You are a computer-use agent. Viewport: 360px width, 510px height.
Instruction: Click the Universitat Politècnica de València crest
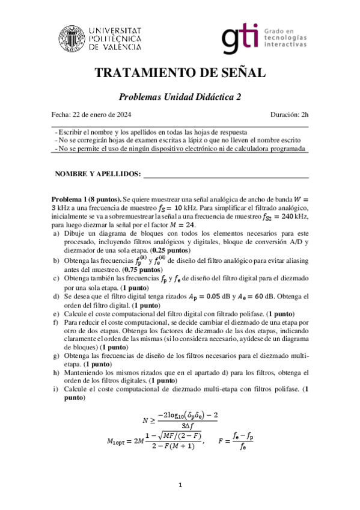pyautogui.click(x=70, y=37)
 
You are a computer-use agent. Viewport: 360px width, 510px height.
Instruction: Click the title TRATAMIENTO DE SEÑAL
pyautogui.click(x=180, y=73)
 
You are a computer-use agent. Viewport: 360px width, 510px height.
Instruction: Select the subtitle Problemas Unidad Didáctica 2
pyautogui.click(x=180, y=96)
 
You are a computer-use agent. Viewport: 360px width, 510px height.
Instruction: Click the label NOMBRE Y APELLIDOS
pyautogui.click(x=97, y=174)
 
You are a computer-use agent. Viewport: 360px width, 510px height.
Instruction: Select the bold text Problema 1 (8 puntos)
pyautogui.click(x=87, y=199)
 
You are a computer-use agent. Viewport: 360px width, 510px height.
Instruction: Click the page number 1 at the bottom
pyautogui.click(x=180, y=485)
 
